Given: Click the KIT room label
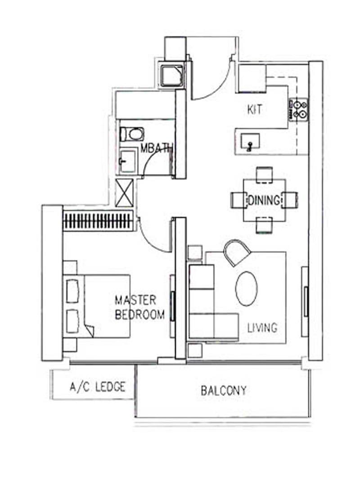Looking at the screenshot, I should point(255,109).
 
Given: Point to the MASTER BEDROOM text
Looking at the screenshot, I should point(139,307).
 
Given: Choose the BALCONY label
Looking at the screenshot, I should point(224,390).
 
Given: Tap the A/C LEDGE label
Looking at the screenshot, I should point(97,387).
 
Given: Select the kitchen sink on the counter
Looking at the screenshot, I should point(249,142).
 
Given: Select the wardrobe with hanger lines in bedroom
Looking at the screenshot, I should point(99,221).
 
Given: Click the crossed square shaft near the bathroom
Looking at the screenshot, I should point(124,193).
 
